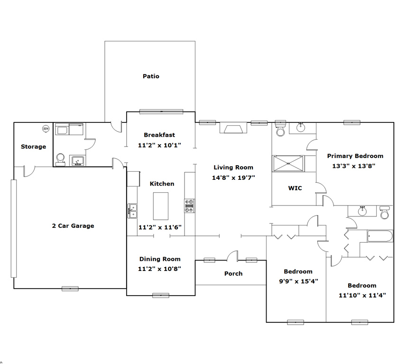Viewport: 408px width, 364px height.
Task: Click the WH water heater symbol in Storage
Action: tap(46, 129)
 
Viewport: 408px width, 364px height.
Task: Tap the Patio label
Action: tap(151, 76)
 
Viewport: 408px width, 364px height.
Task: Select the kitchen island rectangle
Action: tap(160, 206)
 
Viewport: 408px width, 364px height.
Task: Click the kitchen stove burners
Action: tap(189, 206)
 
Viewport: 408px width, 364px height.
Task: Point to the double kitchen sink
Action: tap(132, 211)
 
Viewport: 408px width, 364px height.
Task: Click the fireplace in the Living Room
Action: tap(233, 128)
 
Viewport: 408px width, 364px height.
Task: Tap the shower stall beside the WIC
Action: tap(288, 164)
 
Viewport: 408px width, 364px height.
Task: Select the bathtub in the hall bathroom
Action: tap(380, 236)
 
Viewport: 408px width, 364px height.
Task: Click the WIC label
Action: tap(295, 188)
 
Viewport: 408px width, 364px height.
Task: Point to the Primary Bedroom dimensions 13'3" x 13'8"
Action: tap(353, 166)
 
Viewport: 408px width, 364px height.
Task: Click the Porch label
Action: tap(233, 273)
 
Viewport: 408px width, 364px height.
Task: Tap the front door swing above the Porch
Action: tap(232, 256)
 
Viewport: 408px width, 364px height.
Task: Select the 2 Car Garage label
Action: tap(73, 226)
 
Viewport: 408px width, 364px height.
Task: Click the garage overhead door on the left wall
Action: tap(14, 228)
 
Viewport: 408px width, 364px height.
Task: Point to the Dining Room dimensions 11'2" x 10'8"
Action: tap(159, 269)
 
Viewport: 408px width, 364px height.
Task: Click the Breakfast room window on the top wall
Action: tap(161, 112)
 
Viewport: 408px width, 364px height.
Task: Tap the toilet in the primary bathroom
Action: tap(280, 130)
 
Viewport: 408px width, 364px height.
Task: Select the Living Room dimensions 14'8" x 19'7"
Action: tap(233, 178)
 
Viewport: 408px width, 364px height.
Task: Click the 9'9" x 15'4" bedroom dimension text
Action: tap(298, 281)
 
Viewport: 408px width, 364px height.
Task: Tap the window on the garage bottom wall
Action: tap(70, 289)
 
